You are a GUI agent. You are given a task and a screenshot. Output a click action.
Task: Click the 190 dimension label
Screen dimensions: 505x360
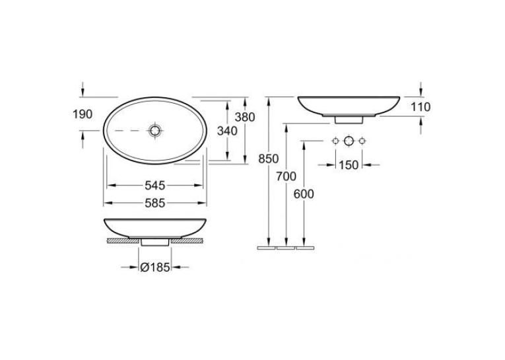[83, 114]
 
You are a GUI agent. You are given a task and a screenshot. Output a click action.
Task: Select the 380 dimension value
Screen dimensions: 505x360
[245, 117]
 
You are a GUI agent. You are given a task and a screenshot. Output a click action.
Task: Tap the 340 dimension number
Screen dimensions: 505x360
[227, 131]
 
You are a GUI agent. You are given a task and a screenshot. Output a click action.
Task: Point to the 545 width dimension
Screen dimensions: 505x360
[155, 186]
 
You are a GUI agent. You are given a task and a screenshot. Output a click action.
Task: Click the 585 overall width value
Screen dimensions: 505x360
[155, 203]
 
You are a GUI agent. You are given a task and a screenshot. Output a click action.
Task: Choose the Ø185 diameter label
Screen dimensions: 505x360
[155, 267]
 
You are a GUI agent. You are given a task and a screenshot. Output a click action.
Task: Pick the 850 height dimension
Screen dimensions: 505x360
[268, 159]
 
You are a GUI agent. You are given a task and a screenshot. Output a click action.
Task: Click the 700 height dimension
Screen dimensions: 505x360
[286, 176]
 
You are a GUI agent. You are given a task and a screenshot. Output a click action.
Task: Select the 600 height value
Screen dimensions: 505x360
[304, 194]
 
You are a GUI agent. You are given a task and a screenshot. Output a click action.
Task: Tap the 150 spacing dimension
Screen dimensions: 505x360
[349, 165]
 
